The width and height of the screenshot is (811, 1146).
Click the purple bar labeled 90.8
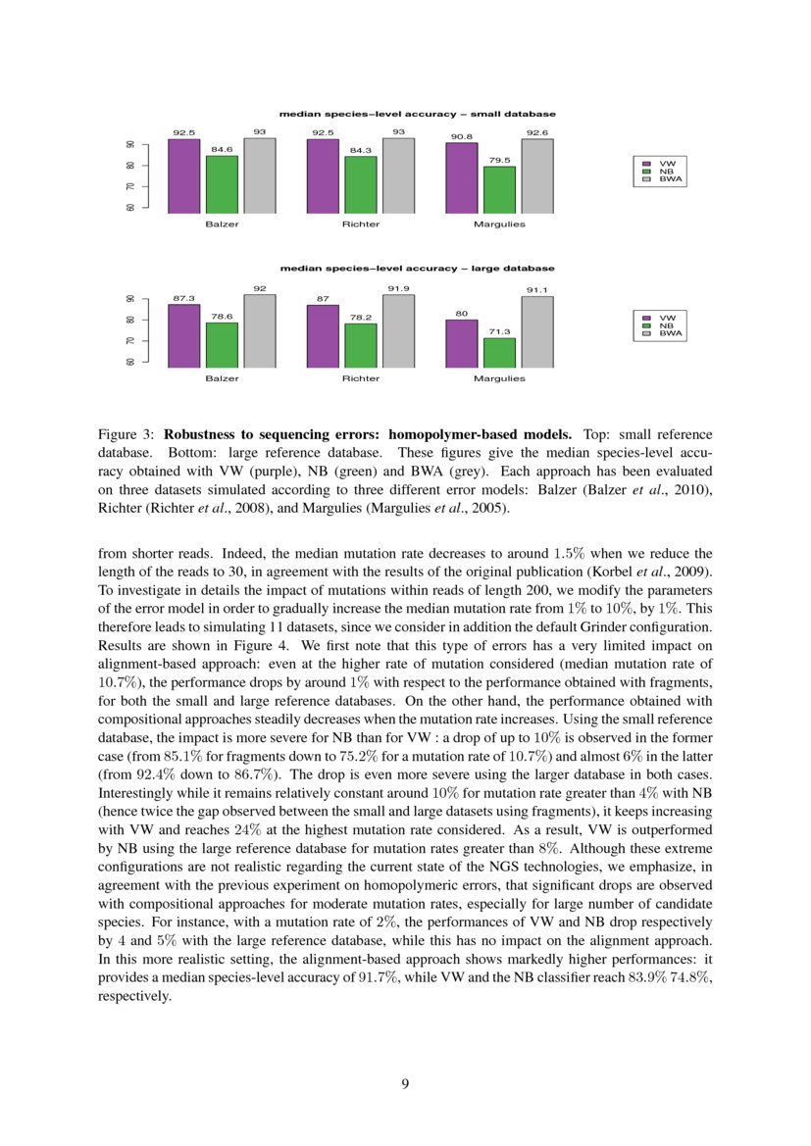pos(461,177)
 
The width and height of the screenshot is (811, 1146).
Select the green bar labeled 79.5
pos(499,189)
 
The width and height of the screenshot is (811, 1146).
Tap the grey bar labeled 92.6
pos(536,175)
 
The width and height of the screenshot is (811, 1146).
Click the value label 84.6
pos(222,149)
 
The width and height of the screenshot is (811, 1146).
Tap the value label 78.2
pos(361,317)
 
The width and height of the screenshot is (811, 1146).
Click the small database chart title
pos(417,114)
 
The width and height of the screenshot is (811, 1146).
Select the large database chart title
pos(417,268)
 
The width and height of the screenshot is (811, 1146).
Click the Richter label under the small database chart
pos(361,224)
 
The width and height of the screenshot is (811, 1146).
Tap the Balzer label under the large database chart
pos(222,378)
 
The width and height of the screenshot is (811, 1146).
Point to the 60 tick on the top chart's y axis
pos(131,207)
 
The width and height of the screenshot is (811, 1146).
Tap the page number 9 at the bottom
pos(405,1083)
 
